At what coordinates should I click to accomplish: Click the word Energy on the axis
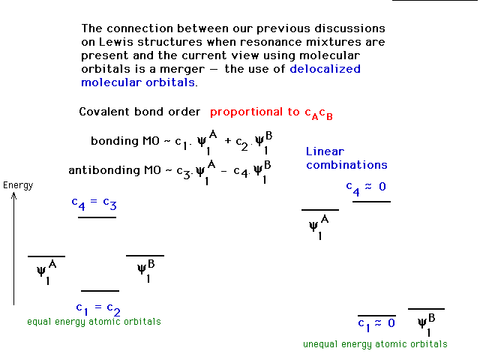tap(18, 185)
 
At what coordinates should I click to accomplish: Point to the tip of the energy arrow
tap(13, 192)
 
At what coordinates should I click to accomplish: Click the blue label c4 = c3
tap(94, 203)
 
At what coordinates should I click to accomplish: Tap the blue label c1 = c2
tap(98, 309)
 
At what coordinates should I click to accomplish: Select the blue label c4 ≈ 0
tap(366, 187)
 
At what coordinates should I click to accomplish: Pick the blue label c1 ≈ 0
tap(376, 325)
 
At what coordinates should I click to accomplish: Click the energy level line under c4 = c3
tap(97, 217)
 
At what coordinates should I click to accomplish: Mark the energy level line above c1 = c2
tap(100, 291)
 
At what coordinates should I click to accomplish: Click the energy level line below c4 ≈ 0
tap(371, 202)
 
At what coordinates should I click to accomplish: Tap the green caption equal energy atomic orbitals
tap(94, 322)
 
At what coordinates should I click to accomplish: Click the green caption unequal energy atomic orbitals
tap(375, 344)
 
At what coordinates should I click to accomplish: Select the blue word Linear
tap(325, 151)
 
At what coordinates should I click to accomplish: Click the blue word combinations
tap(346, 165)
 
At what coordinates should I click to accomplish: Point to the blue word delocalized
tap(325, 69)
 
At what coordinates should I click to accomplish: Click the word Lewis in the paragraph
tap(116, 42)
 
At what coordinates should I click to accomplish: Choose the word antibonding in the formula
tap(103, 170)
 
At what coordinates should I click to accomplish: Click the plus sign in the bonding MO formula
tap(227, 141)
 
